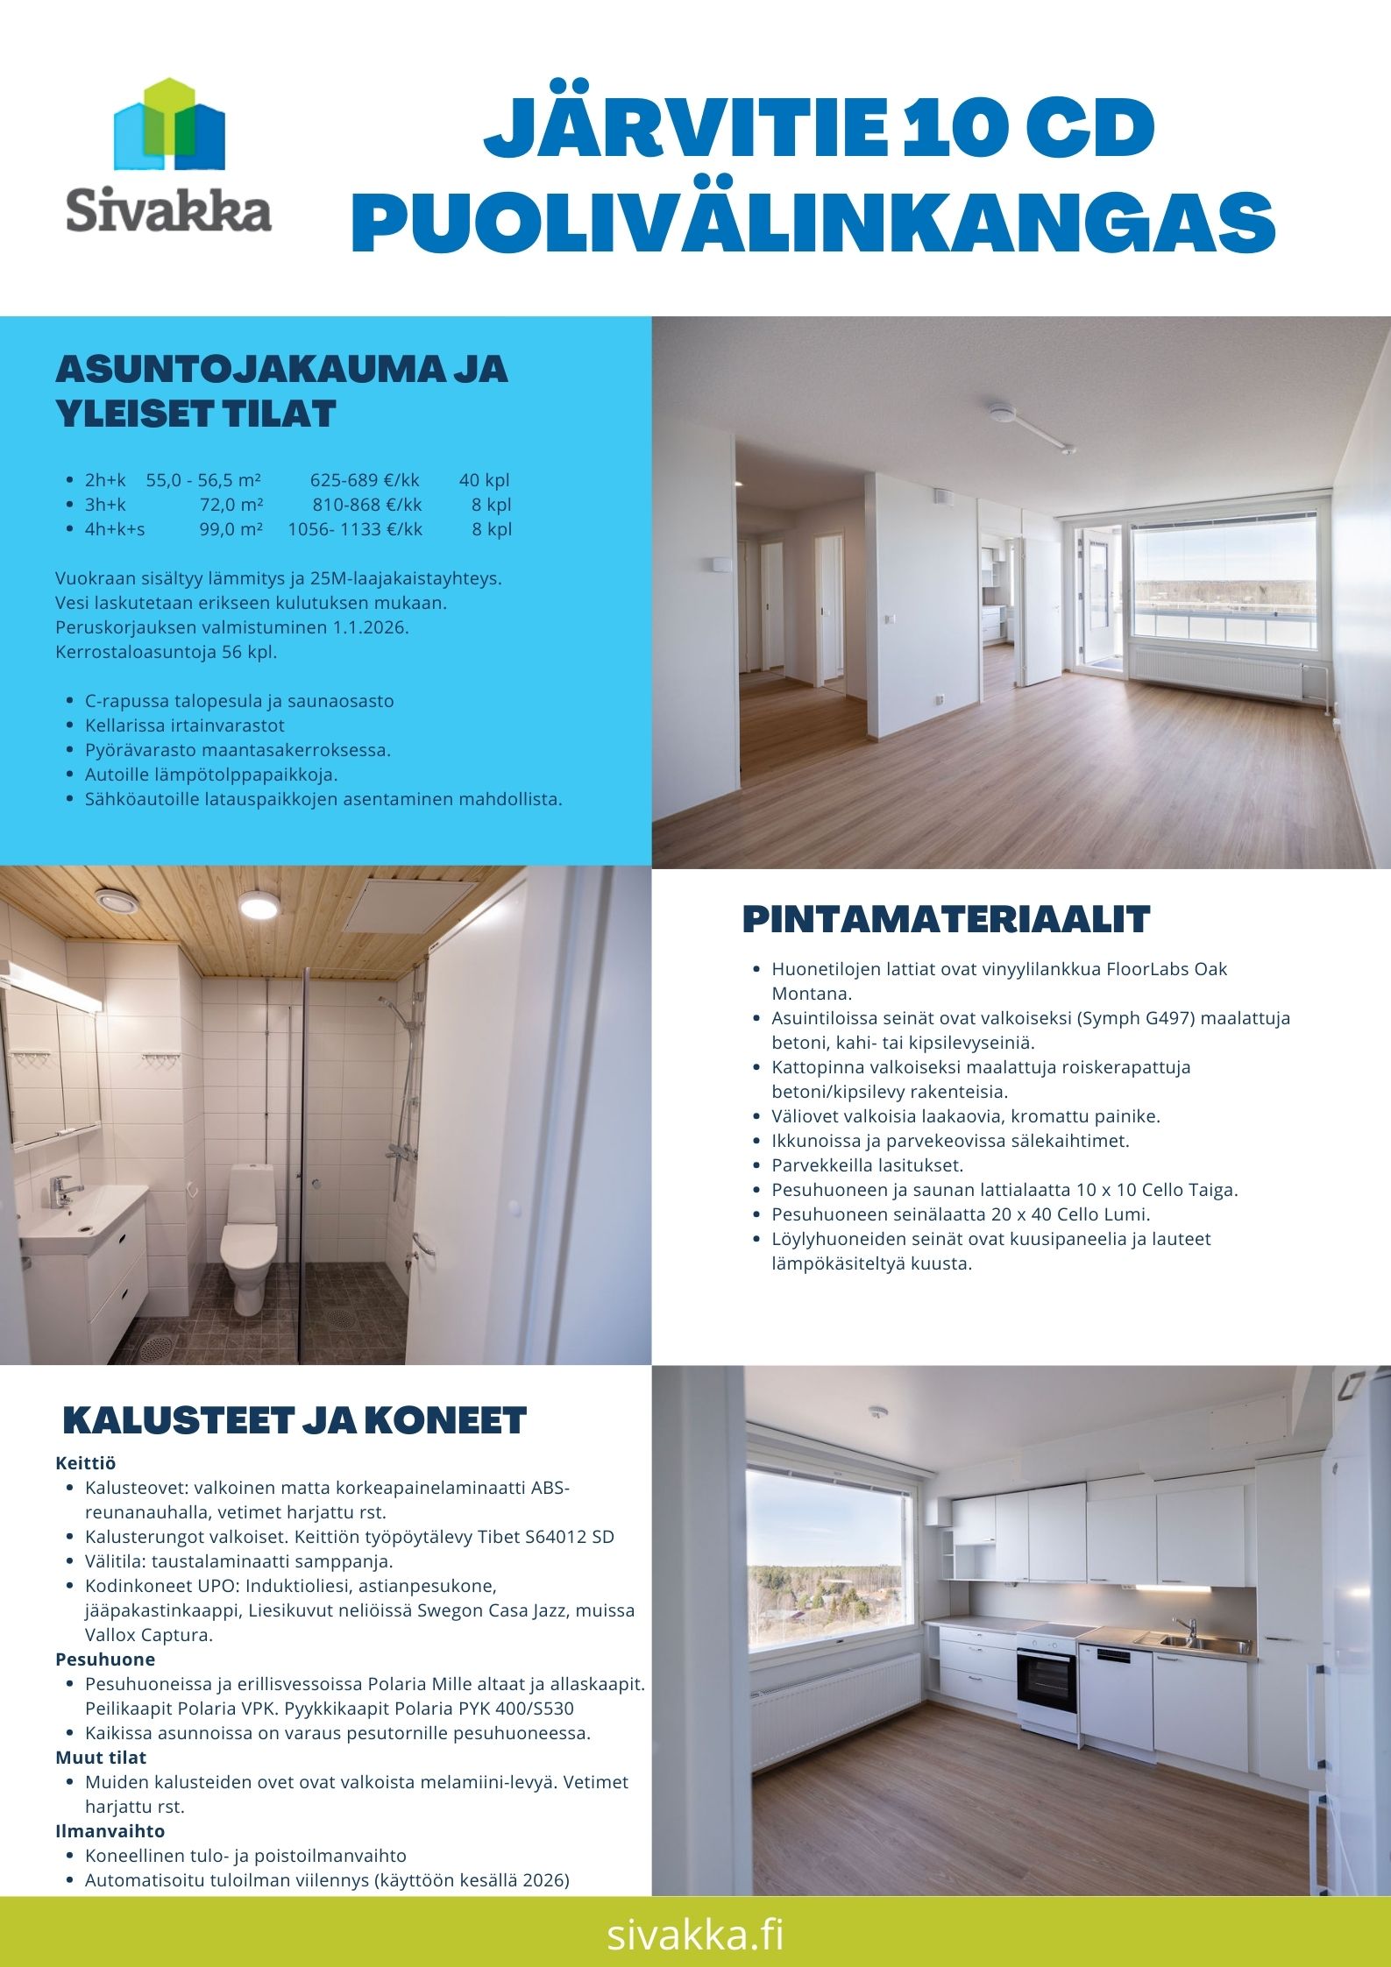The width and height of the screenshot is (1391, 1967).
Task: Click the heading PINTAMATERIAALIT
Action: pyautogui.click(x=946, y=919)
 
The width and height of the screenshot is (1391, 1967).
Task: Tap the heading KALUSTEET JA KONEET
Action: pyautogui.click(x=295, y=1421)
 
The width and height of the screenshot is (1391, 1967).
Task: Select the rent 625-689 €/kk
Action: pyautogui.click(x=365, y=480)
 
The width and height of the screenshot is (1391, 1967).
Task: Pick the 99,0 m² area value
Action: pyautogui.click(x=231, y=529)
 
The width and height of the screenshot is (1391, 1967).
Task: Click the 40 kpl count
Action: pyautogui.click(x=484, y=480)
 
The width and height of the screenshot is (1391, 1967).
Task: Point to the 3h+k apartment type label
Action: pyautogui.click(x=105, y=505)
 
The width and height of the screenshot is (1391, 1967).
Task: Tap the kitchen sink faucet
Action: pyautogui.click(x=1189, y=1627)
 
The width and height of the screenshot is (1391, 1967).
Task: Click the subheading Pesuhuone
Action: pyautogui.click(x=105, y=1659)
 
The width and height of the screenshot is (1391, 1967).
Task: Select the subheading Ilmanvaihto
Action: pyautogui.click(x=110, y=1831)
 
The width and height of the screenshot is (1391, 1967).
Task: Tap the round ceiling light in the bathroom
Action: pyautogui.click(x=256, y=903)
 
